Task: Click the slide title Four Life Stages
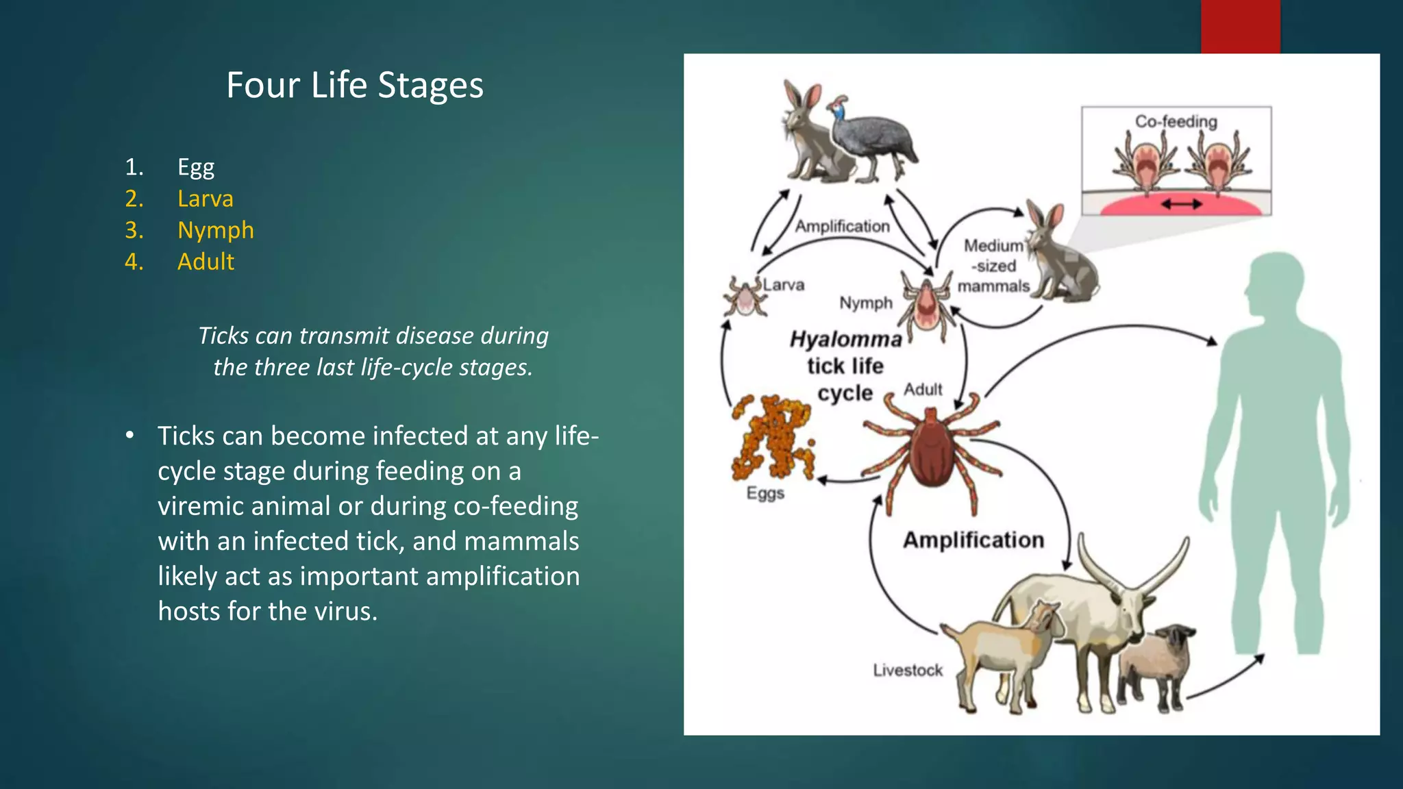(355, 86)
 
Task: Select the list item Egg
(196, 167)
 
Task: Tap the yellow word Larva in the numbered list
(205, 199)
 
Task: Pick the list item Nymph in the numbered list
(215, 230)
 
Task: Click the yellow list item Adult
(206, 262)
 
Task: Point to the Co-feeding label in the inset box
(1176, 121)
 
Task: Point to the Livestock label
(908, 670)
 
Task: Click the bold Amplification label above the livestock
(973, 540)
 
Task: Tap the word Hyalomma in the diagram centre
(845, 339)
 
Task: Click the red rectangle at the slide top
(1240, 26)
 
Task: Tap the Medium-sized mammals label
(993, 266)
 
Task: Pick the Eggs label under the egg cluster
(765, 493)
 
